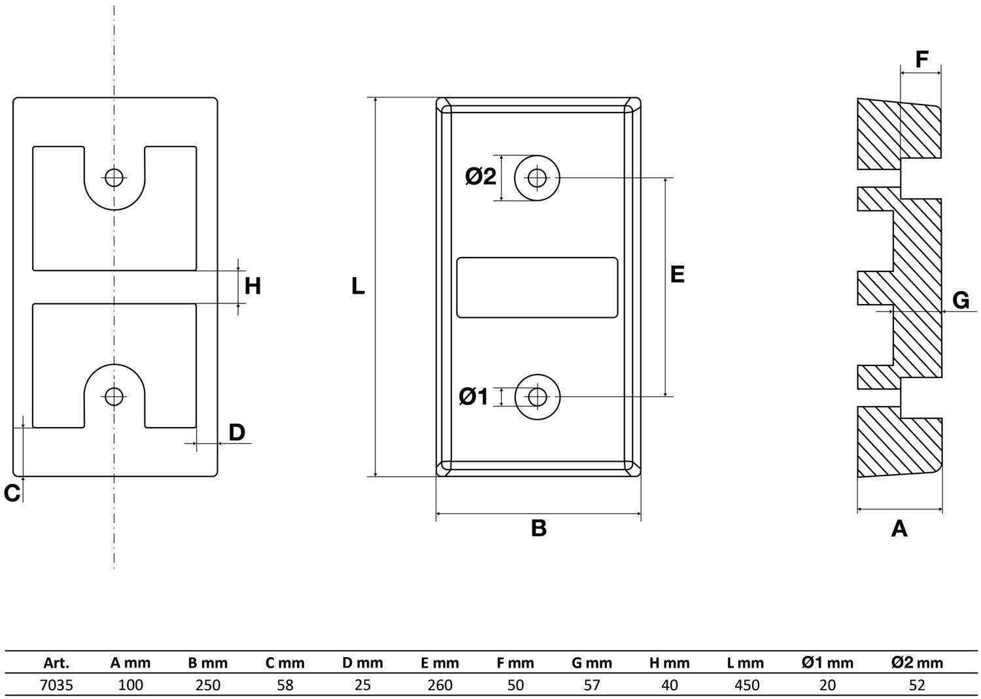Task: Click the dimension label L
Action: point(358,286)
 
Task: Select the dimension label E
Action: point(678,274)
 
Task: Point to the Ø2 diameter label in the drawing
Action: point(481,177)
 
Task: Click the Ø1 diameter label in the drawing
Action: point(473,396)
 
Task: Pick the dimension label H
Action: point(252,286)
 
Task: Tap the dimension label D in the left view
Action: point(237,432)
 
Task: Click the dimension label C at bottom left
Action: point(12,494)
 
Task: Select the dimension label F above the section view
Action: point(921,60)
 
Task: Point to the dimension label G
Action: point(960,300)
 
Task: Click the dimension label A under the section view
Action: point(899,528)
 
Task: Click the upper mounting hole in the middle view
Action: point(538,177)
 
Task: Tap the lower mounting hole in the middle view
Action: point(538,396)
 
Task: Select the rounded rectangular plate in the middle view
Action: point(537,288)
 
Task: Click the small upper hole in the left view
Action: point(114,177)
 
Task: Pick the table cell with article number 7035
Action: point(57,685)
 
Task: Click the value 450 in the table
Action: point(747,685)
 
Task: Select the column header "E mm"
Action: point(439,663)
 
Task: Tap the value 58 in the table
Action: point(285,685)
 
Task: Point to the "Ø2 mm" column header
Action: point(917,663)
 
